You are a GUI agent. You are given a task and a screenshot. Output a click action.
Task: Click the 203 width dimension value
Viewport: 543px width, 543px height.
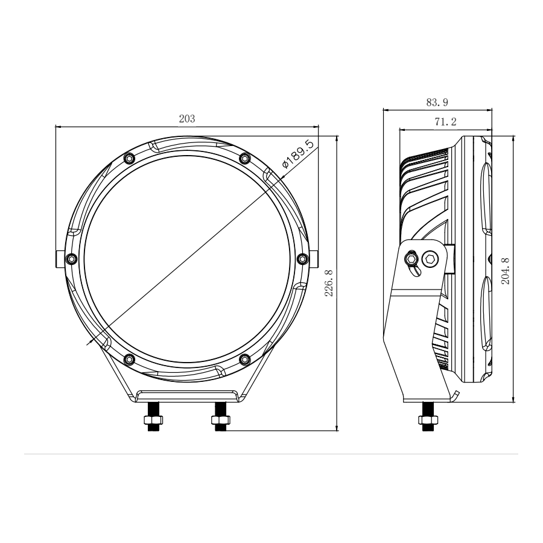(187, 119)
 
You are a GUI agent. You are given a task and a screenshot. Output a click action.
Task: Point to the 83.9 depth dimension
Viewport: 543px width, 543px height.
(437, 103)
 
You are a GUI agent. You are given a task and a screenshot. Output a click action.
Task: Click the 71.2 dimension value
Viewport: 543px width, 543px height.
(445, 122)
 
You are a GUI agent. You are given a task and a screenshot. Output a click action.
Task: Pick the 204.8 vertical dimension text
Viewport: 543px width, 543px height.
(506, 270)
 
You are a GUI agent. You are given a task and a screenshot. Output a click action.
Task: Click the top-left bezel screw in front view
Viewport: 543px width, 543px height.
(128, 158)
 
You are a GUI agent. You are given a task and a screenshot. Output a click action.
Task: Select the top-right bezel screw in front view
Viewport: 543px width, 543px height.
(244, 158)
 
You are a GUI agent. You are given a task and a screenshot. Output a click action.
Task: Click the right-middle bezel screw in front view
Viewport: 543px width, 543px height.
(303, 259)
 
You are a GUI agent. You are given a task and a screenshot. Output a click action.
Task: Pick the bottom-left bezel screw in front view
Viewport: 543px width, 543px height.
(128, 360)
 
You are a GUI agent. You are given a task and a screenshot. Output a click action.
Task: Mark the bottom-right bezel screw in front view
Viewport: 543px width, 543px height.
(244, 360)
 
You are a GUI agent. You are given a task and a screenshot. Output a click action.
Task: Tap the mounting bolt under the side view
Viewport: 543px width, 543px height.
(427, 420)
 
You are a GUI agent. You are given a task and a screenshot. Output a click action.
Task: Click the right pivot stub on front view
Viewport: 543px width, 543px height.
(316, 259)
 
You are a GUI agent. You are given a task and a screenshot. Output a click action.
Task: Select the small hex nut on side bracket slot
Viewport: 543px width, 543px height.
(411, 259)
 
